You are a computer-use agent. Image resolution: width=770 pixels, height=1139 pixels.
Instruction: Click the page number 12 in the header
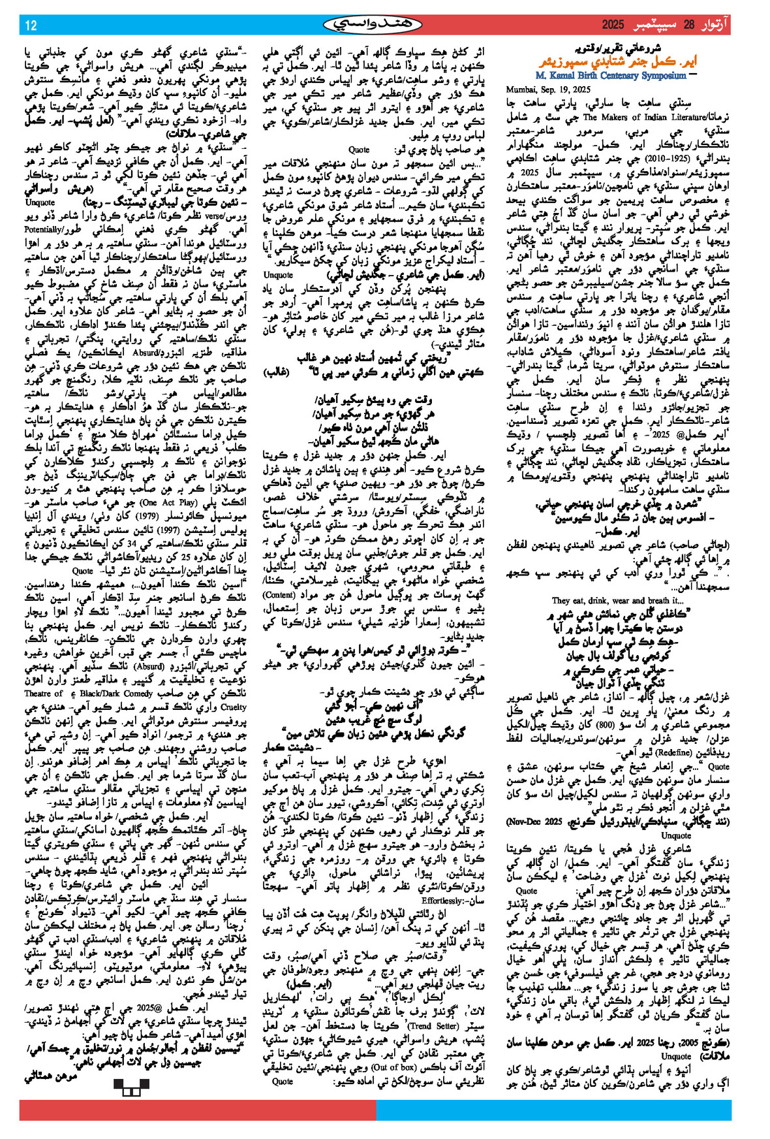click(31, 25)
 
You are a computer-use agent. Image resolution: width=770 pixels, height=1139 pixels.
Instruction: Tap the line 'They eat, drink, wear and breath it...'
click(617, 601)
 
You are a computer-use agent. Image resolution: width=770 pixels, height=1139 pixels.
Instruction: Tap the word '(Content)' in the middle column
click(282, 596)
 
